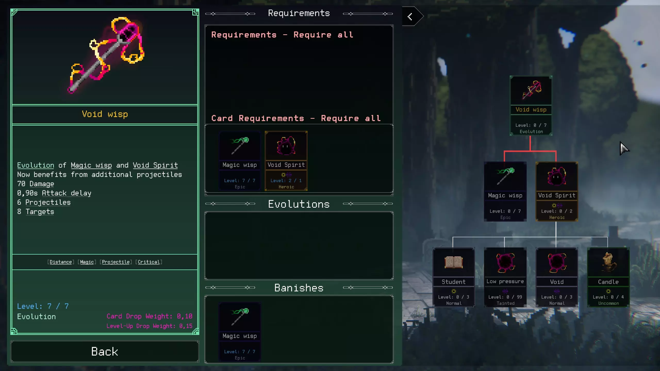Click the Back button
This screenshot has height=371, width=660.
104,351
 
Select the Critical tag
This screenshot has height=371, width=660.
149,262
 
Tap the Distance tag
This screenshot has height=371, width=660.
61,262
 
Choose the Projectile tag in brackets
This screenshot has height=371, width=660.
116,262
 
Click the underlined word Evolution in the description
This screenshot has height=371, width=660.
36,165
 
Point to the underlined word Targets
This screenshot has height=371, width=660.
40,212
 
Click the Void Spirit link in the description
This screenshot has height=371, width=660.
155,165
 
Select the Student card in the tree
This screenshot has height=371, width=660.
453,277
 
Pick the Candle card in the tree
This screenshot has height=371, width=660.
608,277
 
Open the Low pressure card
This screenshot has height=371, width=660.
505,277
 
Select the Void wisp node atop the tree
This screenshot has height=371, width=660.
531,106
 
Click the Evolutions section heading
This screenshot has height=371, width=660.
299,204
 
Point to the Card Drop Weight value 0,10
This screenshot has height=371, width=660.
185,316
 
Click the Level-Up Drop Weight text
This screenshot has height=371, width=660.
149,326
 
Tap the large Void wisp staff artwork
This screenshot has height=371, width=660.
106,55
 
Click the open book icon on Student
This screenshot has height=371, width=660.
453,263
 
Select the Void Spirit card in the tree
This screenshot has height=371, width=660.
557,191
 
